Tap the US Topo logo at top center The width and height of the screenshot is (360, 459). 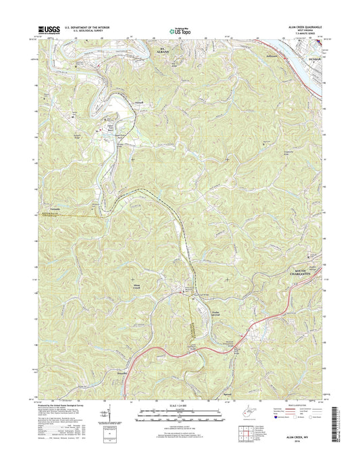click(x=180, y=30)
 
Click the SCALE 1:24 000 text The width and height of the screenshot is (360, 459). click(x=180, y=407)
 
